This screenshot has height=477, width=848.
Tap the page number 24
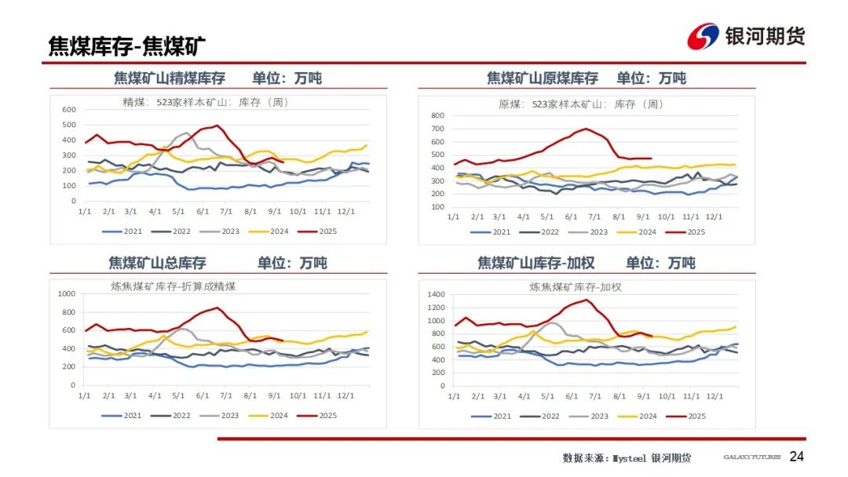point(797,457)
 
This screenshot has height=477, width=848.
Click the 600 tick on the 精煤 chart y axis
point(69,109)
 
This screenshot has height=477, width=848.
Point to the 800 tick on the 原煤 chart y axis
point(437,115)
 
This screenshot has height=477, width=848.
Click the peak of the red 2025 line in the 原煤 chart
point(586,129)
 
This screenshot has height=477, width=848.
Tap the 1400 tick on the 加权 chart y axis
point(435,293)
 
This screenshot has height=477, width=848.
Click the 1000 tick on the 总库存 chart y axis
point(67,293)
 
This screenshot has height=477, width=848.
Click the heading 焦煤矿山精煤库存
point(170,78)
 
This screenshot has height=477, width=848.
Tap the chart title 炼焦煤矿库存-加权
point(576,287)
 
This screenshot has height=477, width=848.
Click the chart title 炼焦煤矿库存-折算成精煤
point(174,286)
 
